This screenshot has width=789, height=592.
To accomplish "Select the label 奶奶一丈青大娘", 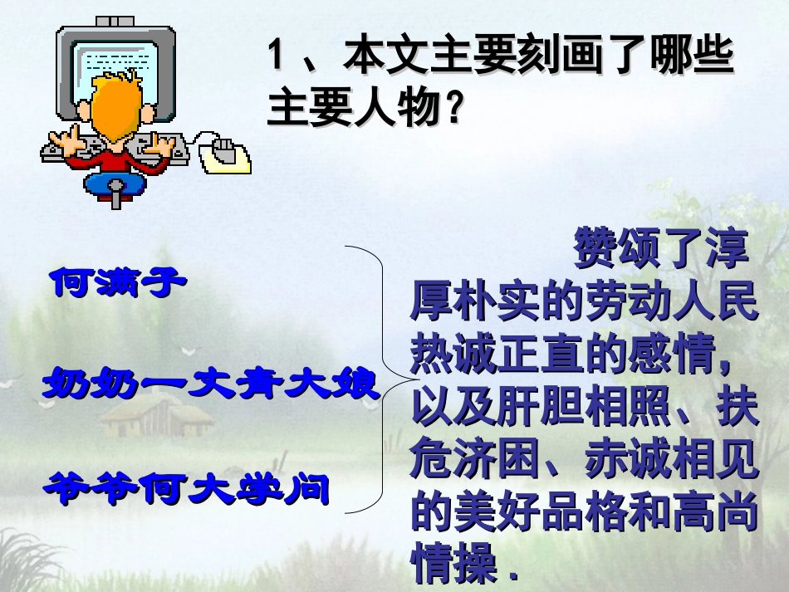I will [211, 385].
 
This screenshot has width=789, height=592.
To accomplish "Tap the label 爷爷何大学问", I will [187, 487].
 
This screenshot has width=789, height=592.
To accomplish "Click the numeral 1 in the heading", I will [279, 61].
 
